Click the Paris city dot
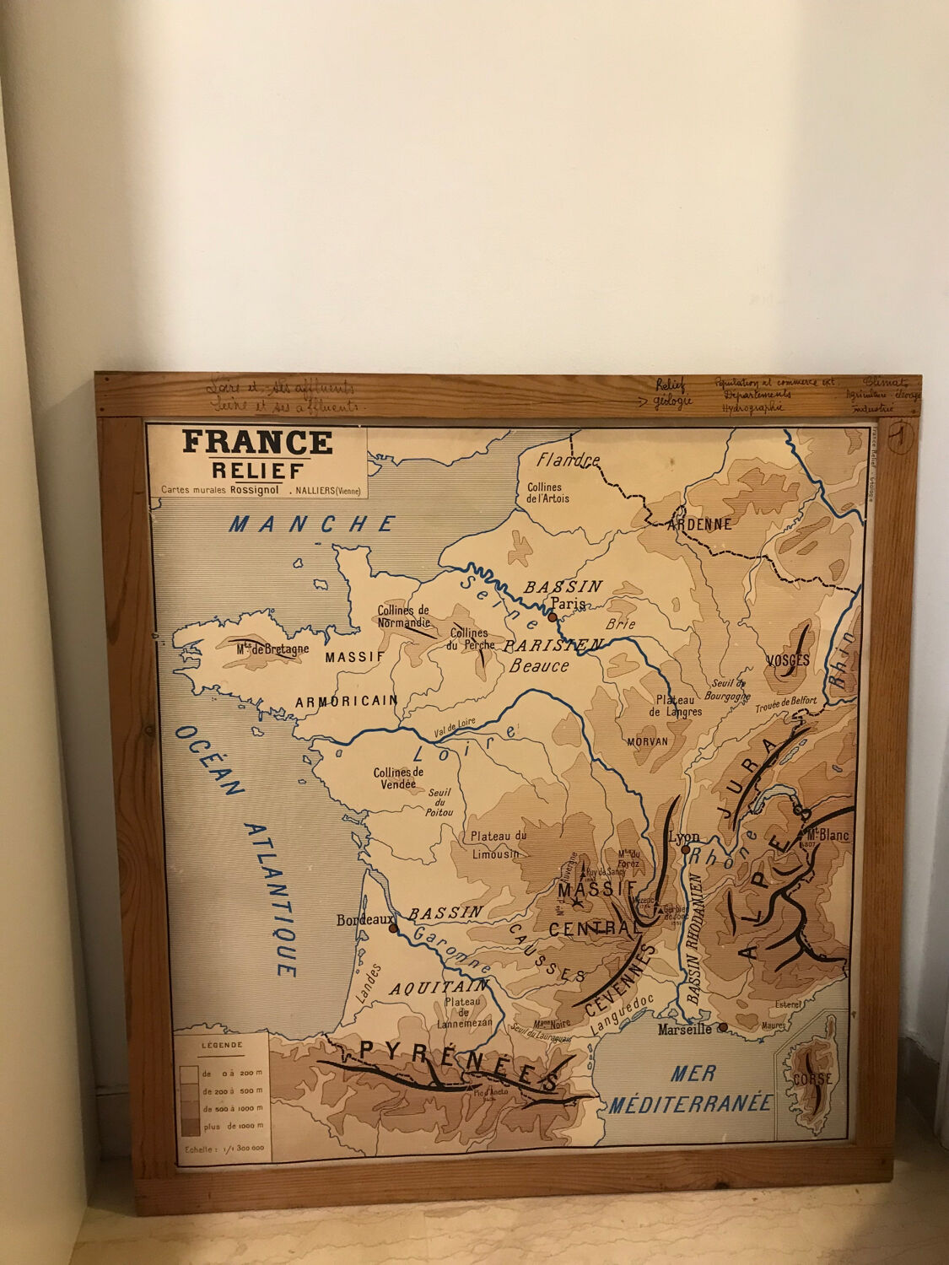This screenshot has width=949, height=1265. (552, 617)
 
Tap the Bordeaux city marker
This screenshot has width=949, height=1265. (393, 929)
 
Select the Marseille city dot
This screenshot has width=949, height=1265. (722, 1027)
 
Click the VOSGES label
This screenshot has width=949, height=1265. (789, 660)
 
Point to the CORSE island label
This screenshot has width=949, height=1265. (812, 1079)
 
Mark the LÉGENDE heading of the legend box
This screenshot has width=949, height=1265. (222, 1045)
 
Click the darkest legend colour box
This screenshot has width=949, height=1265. (189, 1125)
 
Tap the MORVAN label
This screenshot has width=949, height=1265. (647, 741)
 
